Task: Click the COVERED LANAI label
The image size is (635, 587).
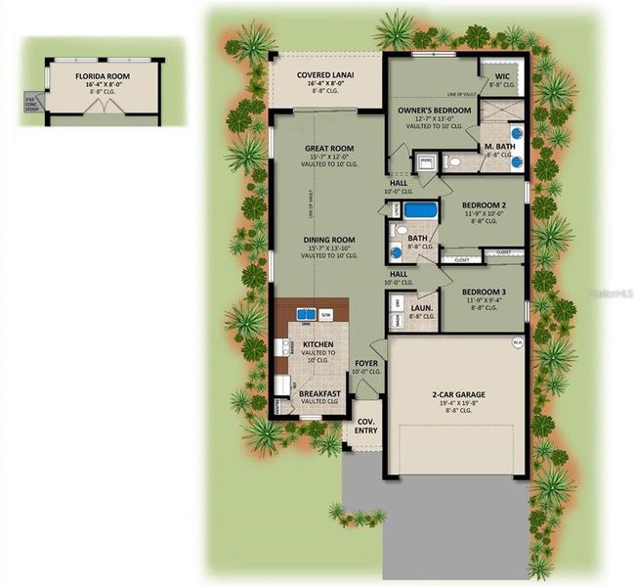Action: tap(325, 74)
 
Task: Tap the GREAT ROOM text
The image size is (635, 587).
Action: tap(328, 149)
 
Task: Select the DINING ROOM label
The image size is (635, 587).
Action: tap(328, 240)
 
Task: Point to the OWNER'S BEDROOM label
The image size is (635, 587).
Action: tap(435, 111)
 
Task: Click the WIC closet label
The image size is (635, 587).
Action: tap(502, 75)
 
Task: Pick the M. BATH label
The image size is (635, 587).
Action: tap(499, 146)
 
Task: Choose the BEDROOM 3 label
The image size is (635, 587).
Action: tap(482, 293)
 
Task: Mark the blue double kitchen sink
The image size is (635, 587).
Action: tap(306, 314)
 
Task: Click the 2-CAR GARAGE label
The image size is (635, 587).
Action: tap(459, 394)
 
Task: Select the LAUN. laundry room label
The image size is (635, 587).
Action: tap(421, 307)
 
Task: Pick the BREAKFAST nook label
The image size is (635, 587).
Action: tap(319, 393)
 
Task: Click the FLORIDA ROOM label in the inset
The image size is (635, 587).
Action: tap(103, 74)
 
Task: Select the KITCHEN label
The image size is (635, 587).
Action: tap(319, 345)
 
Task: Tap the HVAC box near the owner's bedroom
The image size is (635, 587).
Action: tap(426, 158)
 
